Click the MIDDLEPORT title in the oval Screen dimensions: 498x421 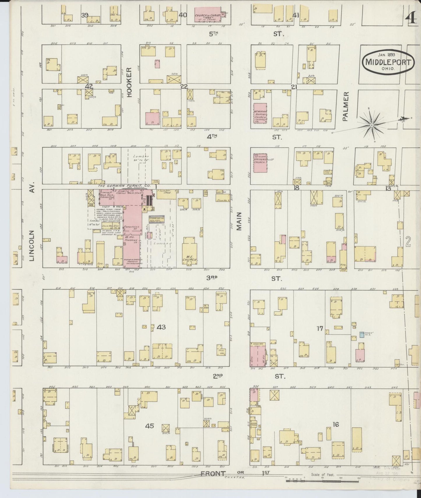click(x=388, y=62)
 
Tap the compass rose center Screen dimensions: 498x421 click(x=372, y=125)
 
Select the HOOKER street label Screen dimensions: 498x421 click(x=130, y=82)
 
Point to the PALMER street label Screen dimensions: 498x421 click(x=346, y=106)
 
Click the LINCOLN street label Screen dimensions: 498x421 click(x=32, y=245)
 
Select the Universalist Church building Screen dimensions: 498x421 click(x=260, y=163)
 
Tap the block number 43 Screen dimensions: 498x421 click(x=161, y=327)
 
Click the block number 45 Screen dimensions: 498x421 click(x=149, y=426)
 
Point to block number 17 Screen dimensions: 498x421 click(x=320, y=329)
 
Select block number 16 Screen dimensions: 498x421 click(x=336, y=424)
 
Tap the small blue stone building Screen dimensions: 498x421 click(x=362, y=334)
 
